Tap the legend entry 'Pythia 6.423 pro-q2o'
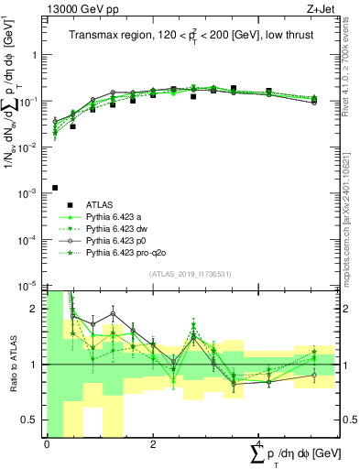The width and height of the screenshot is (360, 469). click(125, 253)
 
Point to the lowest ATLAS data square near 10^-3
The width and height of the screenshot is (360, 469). click(55, 188)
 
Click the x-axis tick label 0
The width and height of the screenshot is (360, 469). click(47, 444)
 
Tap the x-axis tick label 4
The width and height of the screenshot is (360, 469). click(258, 444)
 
